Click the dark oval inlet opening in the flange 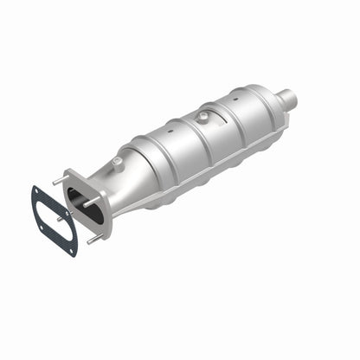(x=87, y=205)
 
